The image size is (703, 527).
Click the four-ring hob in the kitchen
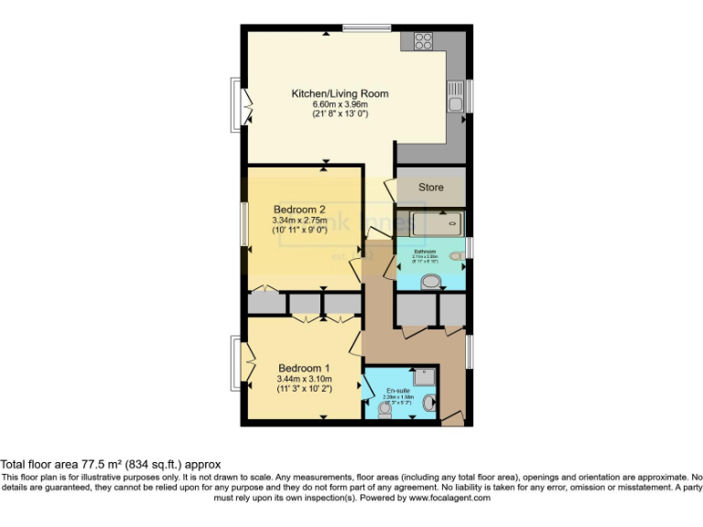click(x=423, y=40)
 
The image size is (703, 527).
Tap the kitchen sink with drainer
click(x=455, y=94)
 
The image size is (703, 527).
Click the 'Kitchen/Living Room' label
click(x=340, y=93)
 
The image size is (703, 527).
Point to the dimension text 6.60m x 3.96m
click(x=340, y=103)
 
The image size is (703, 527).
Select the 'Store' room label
click(x=431, y=188)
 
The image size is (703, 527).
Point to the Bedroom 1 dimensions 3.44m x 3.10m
click(x=304, y=379)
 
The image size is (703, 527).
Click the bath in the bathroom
click(x=430, y=223)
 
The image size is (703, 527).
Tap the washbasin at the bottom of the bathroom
click(x=428, y=283)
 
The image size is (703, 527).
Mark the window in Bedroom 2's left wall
click(x=244, y=223)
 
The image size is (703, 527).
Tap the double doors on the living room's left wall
click(x=242, y=105)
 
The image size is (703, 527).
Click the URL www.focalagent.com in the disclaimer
click(x=449, y=499)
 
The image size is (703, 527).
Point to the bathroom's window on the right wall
click(x=468, y=248)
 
